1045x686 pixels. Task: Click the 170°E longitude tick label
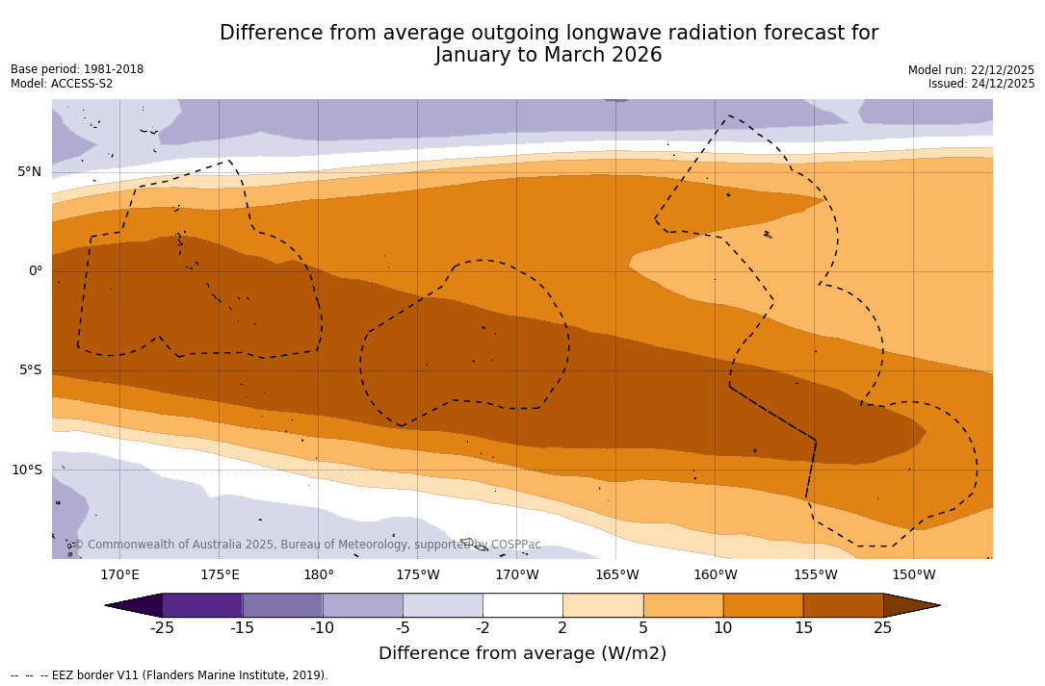point(119,575)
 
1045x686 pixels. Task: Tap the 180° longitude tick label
point(319,575)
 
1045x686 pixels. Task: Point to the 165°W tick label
point(616,575)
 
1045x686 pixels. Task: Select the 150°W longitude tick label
point(913,575)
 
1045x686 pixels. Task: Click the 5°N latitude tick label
point(29,172)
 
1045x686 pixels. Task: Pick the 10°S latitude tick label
point(26,470)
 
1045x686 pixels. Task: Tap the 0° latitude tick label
point(35,271)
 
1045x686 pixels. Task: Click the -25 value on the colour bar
point(162,628)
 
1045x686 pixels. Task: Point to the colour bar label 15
point(802,628)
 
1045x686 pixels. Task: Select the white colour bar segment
point(522,605)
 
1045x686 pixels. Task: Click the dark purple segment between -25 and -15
point(202,605)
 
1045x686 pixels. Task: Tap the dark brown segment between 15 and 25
point(843,605)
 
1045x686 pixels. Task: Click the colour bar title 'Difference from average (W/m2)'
point(522,653)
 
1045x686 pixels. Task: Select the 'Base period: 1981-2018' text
point(77,69)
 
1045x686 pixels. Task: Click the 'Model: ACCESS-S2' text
point(62,84)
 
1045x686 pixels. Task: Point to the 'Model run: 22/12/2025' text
point(971,70)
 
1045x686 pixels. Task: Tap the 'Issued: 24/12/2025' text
point(981,84)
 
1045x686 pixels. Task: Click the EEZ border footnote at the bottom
point(169,675)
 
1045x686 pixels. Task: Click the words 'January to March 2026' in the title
point(548,55)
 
